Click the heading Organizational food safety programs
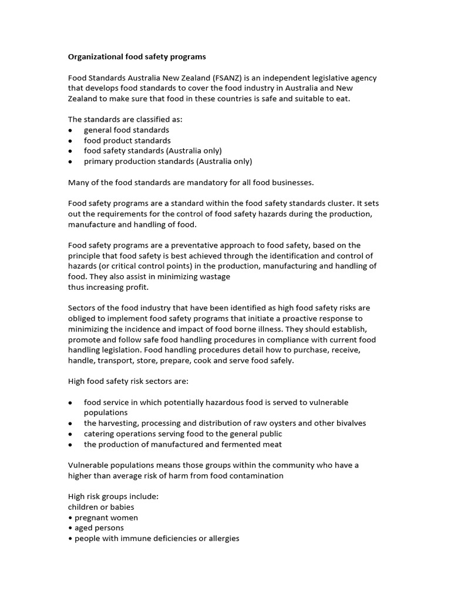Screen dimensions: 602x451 (137, 57)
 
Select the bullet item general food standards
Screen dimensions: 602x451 (126, 130)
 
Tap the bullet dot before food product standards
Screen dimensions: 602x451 (70, 141)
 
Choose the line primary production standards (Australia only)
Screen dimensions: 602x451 (167, 162)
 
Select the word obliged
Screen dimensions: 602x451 (82, 319)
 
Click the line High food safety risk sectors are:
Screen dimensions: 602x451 (128, 382)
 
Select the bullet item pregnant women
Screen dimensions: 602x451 (106, 517)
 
